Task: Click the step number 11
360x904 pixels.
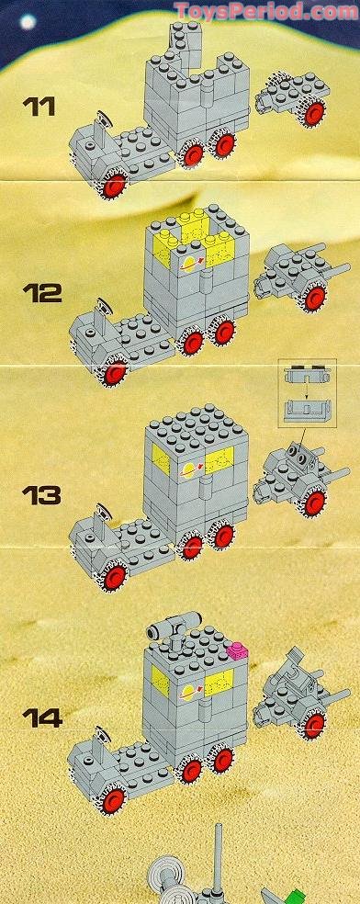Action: pyautogui.click(x=42, y=107)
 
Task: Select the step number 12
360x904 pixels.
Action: pyautogui.click(x=43, y=295)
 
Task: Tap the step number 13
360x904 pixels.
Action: pyautogui.click(x=43, y=497)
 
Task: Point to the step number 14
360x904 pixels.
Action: pyautogui.click(x=43, y=718)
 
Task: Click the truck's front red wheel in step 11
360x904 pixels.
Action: pyautogui.click(x=115, y=187)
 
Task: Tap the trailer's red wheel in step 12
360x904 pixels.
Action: pyautogui.click(x=314, y=296)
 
